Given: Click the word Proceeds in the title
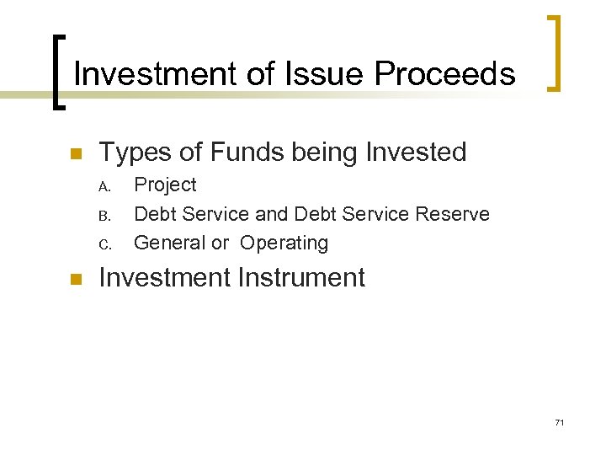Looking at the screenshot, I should point(444,74).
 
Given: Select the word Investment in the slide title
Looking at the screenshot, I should point(157,74).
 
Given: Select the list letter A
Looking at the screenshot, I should point(104,186).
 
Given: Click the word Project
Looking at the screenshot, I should point(165,185).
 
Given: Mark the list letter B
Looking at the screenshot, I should point(104,215).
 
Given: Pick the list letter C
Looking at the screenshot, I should point(104,244).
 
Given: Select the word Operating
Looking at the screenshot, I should point(284,244).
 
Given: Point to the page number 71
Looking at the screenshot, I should point(559,422).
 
